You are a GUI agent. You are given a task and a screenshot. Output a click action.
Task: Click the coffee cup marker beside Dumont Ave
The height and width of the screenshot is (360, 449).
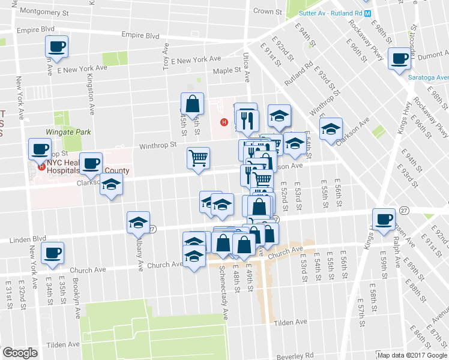tap(399, 59)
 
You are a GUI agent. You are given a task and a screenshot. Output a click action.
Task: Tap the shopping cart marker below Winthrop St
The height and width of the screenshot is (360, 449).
tap(198, 158)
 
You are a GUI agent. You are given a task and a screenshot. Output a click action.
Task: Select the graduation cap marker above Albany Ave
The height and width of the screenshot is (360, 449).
tap(138, 223)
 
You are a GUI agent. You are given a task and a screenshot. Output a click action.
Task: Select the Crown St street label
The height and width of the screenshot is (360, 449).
tap(264, 11)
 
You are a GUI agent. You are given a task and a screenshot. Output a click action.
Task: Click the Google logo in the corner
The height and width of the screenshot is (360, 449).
tap(20, 353)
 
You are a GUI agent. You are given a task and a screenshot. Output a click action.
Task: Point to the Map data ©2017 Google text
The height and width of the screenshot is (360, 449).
tap(412, 355)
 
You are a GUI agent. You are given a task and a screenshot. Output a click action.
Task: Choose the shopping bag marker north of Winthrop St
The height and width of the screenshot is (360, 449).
tap(192, 104)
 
